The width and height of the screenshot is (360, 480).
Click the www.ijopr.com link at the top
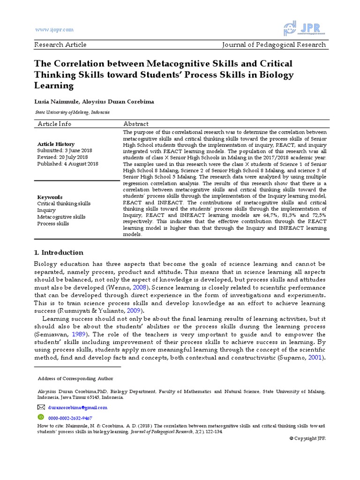tap(55, 30)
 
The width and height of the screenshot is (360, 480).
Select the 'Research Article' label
tap(60, 45)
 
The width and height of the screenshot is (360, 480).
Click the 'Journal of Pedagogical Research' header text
tap(274, 45)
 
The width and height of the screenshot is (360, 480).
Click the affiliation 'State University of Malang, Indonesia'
tap(73, 112)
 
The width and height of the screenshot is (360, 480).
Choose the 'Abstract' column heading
tap(136, 124)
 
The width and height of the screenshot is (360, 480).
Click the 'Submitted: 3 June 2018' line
tap(65, 150)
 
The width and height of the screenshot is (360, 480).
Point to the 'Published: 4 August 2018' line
tap(67, 164)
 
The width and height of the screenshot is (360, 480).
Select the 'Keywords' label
tap(50, 197)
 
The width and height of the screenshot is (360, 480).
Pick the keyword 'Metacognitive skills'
tap(61, 217)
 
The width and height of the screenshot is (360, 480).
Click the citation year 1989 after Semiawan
tap(79, 334)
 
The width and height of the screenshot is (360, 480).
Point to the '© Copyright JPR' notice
tap(307, 438)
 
